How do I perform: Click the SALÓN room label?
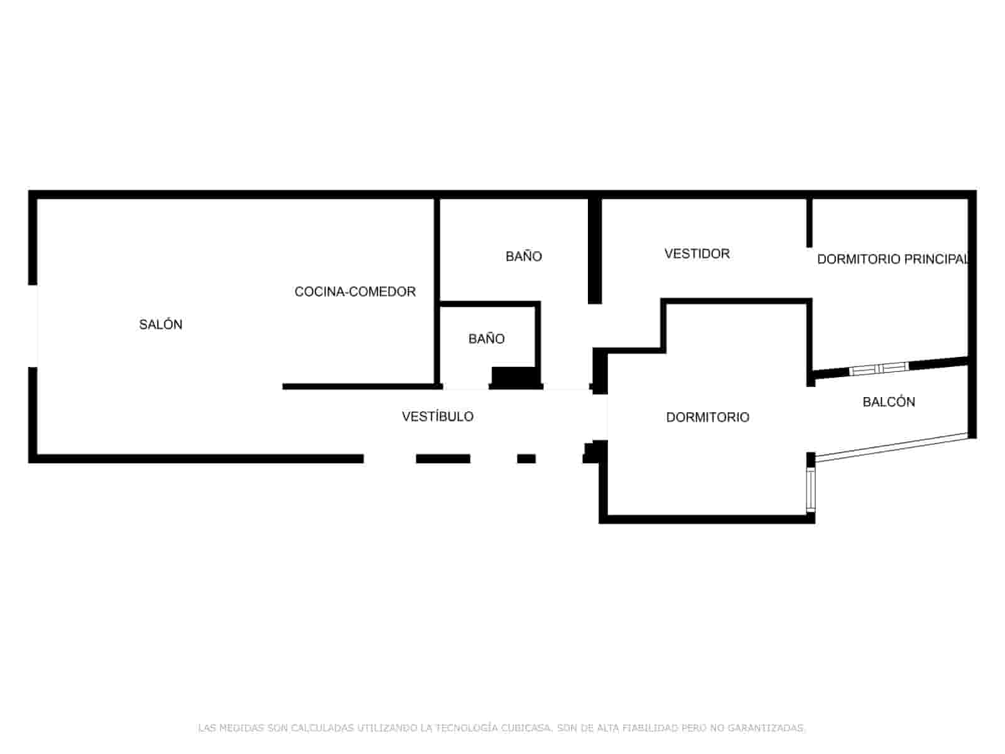click(160, 325)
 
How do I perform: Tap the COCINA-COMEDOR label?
click(355, 292)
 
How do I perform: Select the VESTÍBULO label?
click(437, 416)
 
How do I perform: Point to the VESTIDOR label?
click(697, 254)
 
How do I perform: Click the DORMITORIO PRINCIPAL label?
click(892, 259)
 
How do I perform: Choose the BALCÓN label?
click(889, 402)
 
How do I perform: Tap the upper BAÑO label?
click(523, 256)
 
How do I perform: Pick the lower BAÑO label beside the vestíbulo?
click(486, 338)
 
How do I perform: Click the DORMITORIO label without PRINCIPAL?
click(707, 417)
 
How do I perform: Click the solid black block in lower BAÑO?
click(514, 377)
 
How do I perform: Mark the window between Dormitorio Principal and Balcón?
click(879, 368)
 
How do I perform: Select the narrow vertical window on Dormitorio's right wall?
click(810, 489)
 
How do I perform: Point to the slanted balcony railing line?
click(891, 446)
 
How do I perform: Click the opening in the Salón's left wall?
click(33, 326)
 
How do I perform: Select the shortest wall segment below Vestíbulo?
click(526, 459)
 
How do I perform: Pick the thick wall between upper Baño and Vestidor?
click(595, 251)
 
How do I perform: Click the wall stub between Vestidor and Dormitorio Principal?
click(810, 223)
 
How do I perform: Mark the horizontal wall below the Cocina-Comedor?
click(362, 386)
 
